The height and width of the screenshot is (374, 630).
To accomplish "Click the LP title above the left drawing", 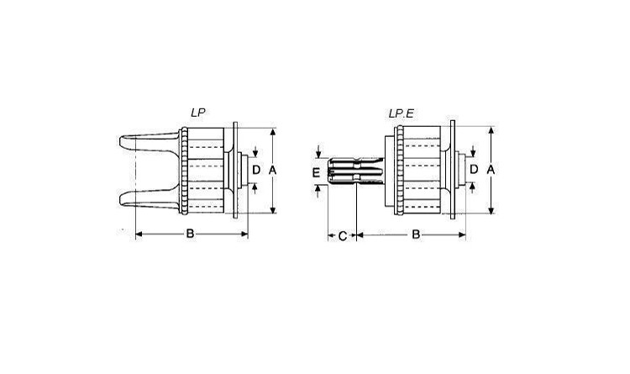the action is tap(197, 113).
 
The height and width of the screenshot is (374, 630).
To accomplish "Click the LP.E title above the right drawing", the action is tap(401, 113).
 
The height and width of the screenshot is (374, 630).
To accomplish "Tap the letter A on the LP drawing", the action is tap(272, 171).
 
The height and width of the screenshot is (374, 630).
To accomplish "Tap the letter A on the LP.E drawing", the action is tap(491, 170).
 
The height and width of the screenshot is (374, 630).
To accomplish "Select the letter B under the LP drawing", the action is tap(190, 234).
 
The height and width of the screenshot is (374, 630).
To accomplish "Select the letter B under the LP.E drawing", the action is tap(416, 234).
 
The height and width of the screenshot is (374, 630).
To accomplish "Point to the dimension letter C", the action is tap(343, 236).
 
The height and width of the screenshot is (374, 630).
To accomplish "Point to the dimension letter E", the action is tap(316, 173).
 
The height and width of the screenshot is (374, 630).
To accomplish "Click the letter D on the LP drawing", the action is tap(256, 170).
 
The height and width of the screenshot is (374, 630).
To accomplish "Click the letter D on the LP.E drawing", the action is tap(474, 169).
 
